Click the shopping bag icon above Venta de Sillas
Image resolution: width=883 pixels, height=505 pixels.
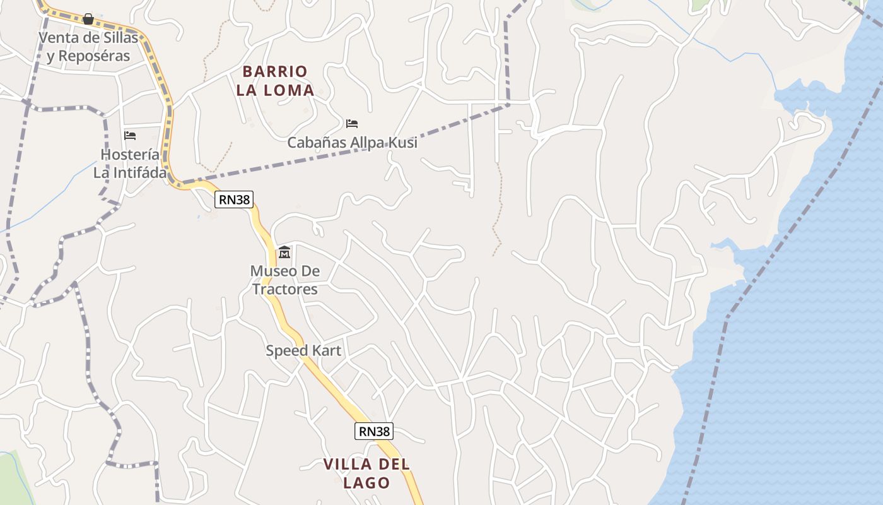[88, 19]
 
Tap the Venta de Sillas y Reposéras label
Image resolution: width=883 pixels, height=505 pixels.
[88, 47]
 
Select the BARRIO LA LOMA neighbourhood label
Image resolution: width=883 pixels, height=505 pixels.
[275, 81]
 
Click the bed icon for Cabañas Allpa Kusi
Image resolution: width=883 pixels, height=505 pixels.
[352, 124]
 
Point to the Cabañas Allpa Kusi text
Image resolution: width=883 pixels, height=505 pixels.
[352, 143]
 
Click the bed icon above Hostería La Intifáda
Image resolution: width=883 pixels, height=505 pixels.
[130, 136]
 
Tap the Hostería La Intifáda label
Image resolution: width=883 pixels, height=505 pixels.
[130, 163]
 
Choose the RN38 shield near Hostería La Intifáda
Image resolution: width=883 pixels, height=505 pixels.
[234, 200]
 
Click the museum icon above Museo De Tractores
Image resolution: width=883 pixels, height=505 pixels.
[284, 252]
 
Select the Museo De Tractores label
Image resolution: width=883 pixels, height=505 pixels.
[284, 280]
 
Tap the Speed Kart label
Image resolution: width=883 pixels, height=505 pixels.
[303, 351]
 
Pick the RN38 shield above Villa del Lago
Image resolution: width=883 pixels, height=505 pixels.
[374, 432]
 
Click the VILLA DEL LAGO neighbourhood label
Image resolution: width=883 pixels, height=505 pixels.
[366, 473]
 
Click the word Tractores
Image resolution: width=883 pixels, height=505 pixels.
[284, 290]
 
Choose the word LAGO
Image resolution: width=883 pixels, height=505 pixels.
[366, 484]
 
